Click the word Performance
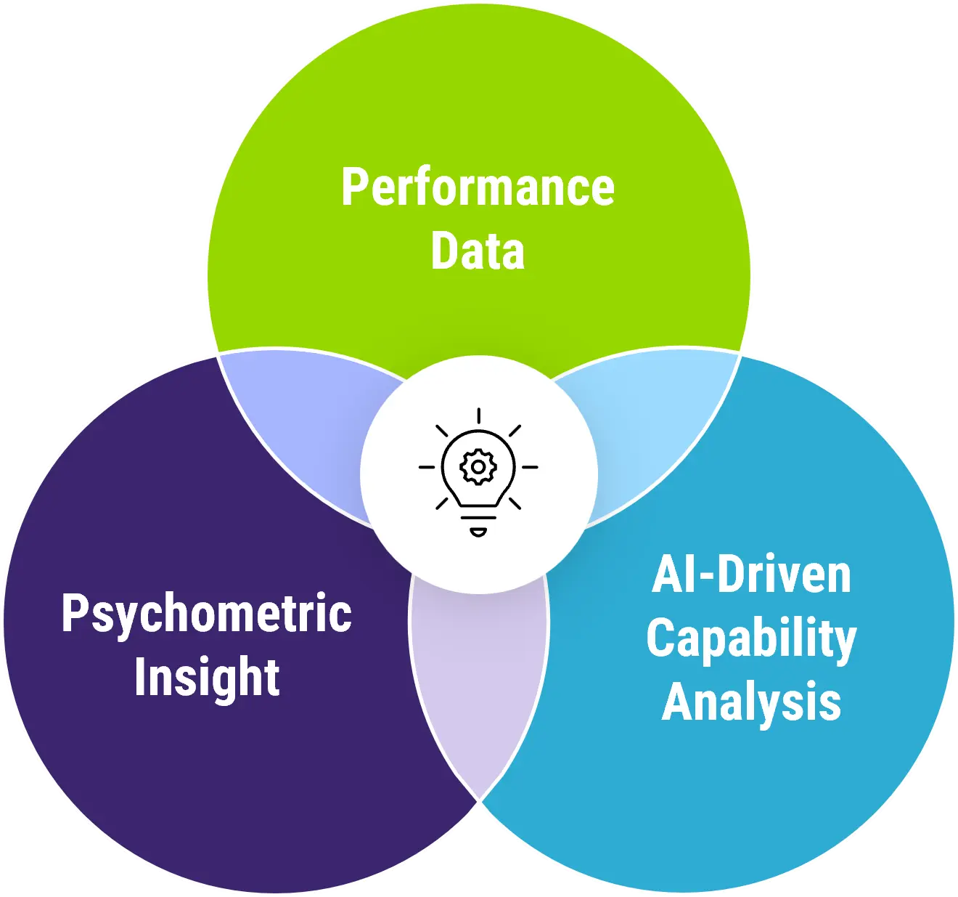tap(478, 188)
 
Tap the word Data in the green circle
tap(478, 251)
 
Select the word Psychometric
tap(207, 614)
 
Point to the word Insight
tap(207, 677)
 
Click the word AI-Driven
tap(751, 575)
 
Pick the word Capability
tap(751, 639)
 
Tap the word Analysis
tap(751, 702)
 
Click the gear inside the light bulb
tap(478, 467)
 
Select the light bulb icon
tap(478, 472)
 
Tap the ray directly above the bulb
tap(478, 416)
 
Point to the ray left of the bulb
tap(427, 467)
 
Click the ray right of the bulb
tap(530, 467)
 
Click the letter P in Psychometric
tap(73, 613)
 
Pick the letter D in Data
tap(443, 251)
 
